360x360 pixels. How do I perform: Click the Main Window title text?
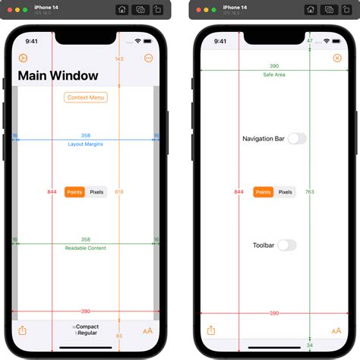[58, 76]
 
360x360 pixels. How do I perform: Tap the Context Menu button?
[86, 97]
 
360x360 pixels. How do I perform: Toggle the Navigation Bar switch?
[297, 138]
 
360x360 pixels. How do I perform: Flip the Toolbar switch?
[287, 245]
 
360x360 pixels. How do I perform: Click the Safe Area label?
[274, 74]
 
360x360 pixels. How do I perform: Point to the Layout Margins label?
[86, 144]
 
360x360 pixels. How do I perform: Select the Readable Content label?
[86, 248]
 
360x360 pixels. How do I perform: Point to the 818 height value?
[119, 192]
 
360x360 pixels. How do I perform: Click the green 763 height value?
[310, 192]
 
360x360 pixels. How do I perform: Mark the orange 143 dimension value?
[119, 58]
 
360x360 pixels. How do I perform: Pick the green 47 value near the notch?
[310, 40]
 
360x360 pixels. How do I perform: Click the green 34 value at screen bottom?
[310, 345]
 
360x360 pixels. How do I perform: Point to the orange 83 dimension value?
[119, 336]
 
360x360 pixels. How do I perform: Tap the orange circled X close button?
[337, 58]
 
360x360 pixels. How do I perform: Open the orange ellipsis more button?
[148, 58]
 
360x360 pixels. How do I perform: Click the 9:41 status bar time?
[31, 41]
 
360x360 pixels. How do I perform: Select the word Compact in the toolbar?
[87, 327]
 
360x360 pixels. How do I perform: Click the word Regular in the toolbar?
[87, 333]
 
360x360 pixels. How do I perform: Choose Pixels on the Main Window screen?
[96, 192]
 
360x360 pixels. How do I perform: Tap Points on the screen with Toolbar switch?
[263, 192]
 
